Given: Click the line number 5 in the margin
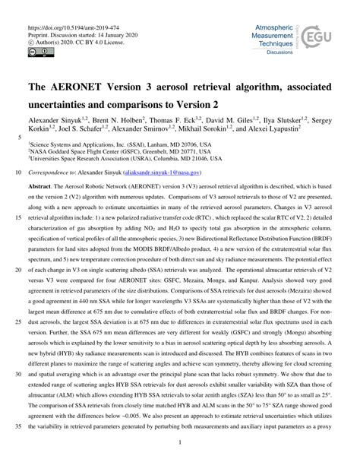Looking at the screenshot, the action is [19, 137].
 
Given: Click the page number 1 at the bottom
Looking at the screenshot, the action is [181, 462].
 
